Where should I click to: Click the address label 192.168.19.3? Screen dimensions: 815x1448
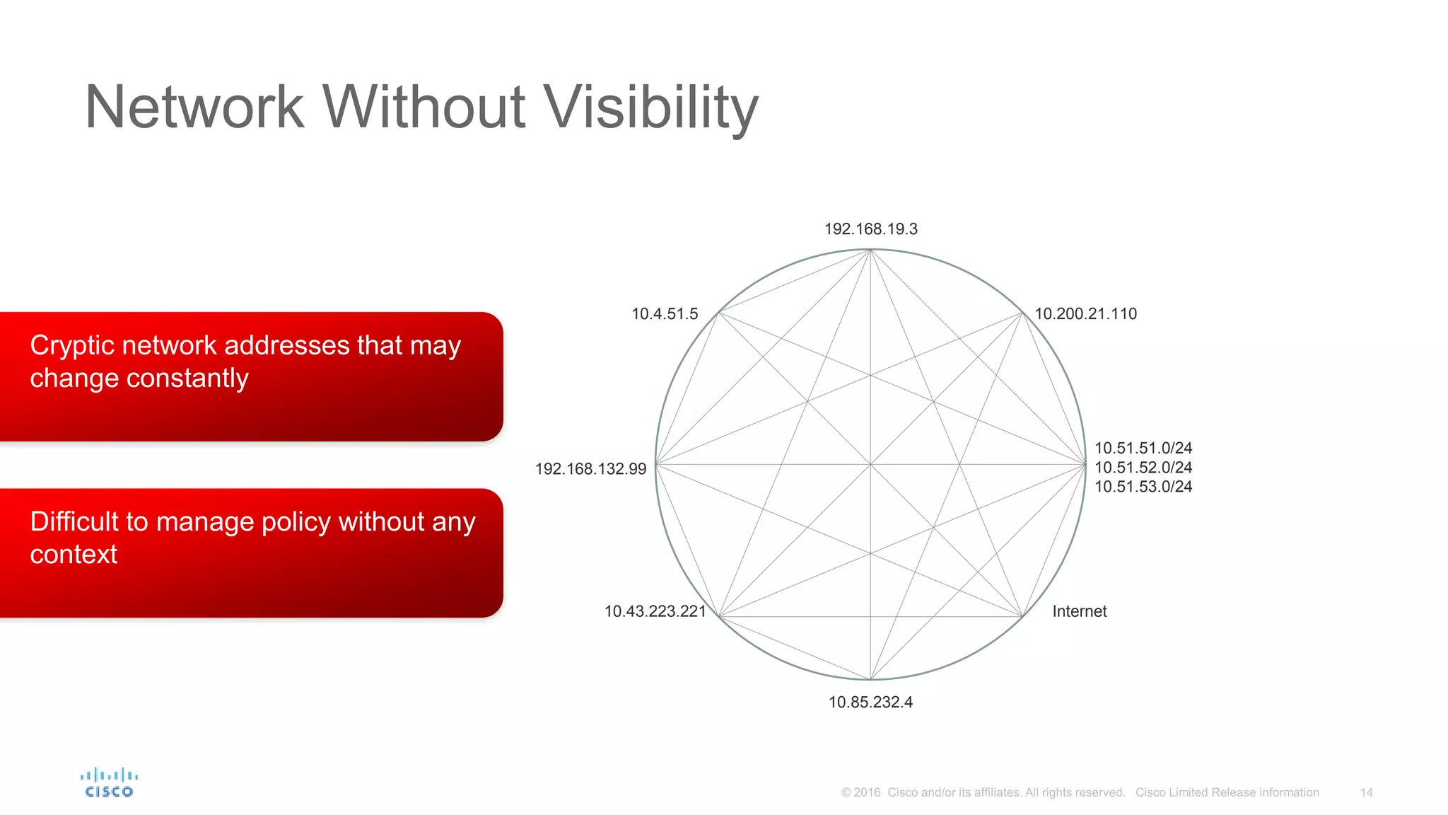(870, 229)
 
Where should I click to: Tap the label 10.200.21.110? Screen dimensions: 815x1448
(1085, 314)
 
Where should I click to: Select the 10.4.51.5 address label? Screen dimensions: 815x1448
(664, 314)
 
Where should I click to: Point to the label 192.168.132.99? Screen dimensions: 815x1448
(590, 469)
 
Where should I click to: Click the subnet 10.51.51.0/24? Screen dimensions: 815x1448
(1143, 448)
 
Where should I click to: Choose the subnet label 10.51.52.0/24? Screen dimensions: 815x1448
(1143, 468)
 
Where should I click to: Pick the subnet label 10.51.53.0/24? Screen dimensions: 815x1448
(1143, 487)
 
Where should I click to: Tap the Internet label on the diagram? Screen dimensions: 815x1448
(1079, 611)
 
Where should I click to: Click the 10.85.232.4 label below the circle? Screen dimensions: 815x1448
(870, 703)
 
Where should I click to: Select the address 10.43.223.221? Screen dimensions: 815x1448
(655, 611)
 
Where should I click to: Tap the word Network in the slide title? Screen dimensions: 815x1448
(194, 108)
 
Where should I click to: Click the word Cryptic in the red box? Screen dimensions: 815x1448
(71, 346)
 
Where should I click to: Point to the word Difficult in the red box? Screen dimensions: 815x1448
(74, 522)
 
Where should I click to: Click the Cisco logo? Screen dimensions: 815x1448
(109, 782)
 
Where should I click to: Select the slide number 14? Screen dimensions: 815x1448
(1366, 792)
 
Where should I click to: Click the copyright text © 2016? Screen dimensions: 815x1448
(860, 792)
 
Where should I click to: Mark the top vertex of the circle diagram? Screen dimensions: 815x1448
(870, 250)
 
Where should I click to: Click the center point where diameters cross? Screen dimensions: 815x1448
(870, 465)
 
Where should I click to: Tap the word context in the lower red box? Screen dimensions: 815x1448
(74, 555)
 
